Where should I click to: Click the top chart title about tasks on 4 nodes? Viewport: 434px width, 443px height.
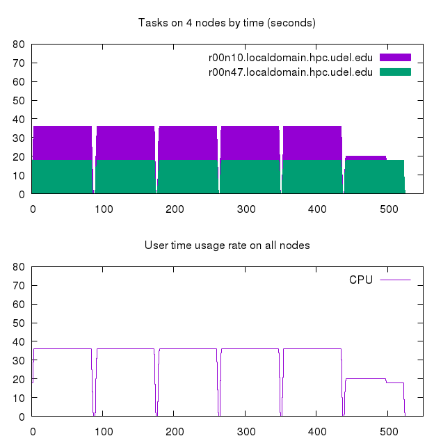(x=227, y=23)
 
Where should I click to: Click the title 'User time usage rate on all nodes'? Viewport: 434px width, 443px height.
(x=227, y=245)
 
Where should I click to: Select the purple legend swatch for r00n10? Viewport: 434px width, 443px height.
(x=395, y=57)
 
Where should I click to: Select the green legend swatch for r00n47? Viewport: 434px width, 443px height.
(x=395, y=72)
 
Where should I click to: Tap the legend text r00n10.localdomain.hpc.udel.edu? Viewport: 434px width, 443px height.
(x=291, y=57)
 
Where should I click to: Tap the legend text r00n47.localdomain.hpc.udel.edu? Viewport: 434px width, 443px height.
(x=291, y=72)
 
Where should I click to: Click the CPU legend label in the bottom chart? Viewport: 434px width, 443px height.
(x=361, y=280)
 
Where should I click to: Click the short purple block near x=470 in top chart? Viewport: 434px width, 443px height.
(x=365, y=158)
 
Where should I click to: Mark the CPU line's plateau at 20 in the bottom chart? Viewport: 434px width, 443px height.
(x=365, y=378)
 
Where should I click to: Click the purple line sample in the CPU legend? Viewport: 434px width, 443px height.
(x=395, y=280)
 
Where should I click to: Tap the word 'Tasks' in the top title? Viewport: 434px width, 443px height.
(x=152, y=23)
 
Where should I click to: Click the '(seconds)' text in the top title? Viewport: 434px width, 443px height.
(x=293, y=23)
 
